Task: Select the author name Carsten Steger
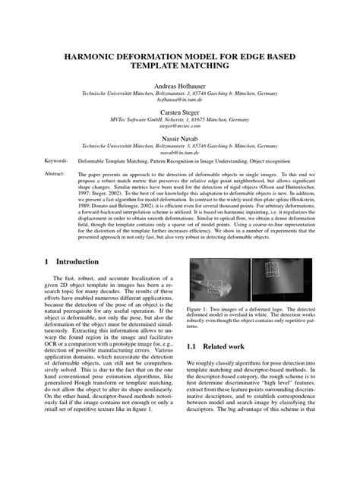point(180,110)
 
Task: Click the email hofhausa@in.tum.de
point(180,99)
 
